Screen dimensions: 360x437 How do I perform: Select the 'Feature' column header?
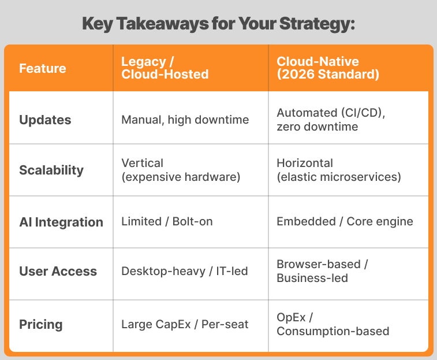(43, 69)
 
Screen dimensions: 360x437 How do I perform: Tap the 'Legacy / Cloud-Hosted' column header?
(165, 68)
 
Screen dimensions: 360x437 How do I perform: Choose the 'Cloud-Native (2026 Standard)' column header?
(328, 68)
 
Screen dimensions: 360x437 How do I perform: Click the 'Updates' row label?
(45, 120)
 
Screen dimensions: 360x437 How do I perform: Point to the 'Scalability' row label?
(51, 170)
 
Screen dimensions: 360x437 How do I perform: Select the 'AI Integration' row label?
(61, 222)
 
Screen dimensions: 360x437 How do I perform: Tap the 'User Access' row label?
(58, 271)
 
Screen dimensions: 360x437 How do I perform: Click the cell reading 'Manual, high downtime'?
(185, 120)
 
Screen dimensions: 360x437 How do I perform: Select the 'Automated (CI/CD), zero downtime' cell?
(331, 120)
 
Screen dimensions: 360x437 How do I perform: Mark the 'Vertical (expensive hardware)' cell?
(181, 170)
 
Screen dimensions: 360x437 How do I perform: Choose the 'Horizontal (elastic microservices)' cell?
(338, 170)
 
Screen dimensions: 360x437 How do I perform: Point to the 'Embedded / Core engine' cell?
(345, 222)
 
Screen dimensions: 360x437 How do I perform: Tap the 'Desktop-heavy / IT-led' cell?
(184, 271)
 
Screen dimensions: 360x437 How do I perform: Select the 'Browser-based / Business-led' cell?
(322, 271)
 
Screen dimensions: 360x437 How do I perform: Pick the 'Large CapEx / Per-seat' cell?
(185, 324)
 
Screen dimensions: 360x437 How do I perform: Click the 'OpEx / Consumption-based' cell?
(333, 324)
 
